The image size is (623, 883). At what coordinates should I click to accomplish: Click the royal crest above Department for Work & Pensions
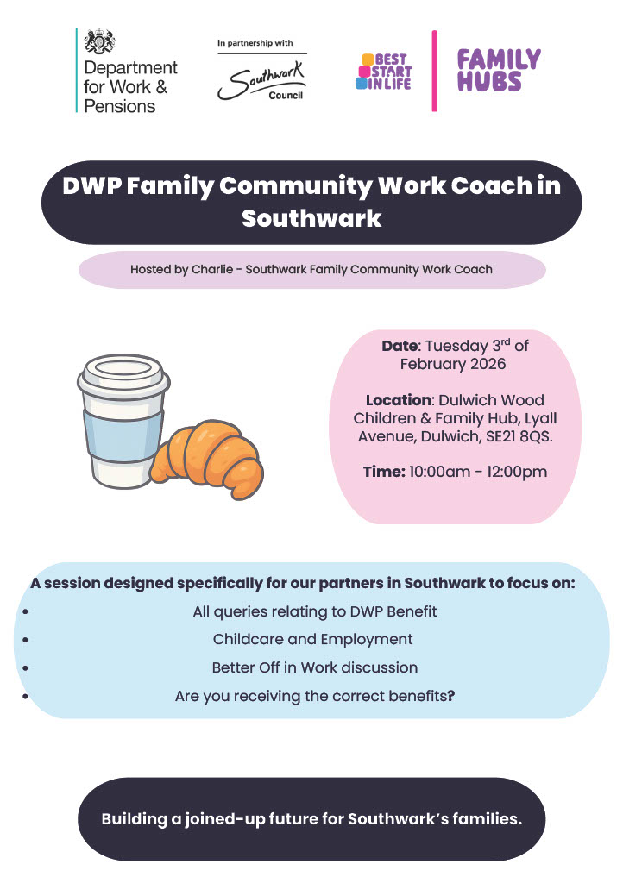point(99,41)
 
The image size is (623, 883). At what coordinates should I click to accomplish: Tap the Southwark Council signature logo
point(261,82)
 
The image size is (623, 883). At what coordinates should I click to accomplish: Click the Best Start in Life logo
point(384,72)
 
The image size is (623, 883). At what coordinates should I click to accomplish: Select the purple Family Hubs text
point(499,71)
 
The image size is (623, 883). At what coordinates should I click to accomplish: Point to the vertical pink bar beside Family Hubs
point(434,71)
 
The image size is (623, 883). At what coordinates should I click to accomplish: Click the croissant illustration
point(207,459)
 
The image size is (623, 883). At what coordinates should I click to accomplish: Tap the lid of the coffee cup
point(123,376)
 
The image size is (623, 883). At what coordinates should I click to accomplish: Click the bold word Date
point(400,346)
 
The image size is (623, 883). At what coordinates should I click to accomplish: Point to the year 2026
point(488,364)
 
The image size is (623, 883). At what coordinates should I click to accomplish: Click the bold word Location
point(399,400)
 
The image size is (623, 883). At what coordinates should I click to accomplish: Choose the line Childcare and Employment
point(312,640)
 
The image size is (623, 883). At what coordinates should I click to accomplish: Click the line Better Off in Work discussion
point(315,668)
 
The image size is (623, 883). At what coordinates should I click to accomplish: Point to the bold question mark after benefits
point(451,696)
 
